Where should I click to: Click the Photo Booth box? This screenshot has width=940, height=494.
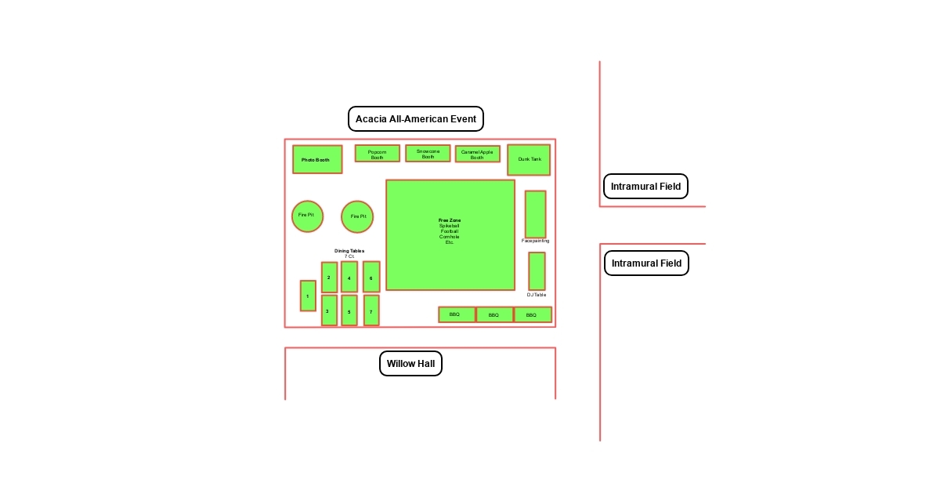pos(317,159)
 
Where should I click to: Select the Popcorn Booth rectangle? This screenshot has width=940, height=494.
pos(377,154)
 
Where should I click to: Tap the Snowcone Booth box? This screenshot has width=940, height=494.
pos(428,154)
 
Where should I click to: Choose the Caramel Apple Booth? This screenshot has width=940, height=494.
pos(477,154)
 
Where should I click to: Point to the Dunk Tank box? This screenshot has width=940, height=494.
pos(529,160)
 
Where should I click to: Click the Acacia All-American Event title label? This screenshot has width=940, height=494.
pos(416,119)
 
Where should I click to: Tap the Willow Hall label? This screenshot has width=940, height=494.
pos(410,364)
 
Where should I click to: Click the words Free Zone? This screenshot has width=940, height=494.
pos(450,220)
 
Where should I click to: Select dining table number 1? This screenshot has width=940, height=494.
pos(308,296)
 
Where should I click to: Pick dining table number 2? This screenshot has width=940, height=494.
pos(329,278)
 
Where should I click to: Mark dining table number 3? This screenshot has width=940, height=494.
pos(329,311)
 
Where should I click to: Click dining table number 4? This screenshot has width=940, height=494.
pos(349,278)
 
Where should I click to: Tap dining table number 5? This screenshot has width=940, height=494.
pos(349,311)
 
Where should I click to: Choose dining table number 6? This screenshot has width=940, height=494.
pos(371,278)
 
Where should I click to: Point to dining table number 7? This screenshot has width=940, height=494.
pos(371,311)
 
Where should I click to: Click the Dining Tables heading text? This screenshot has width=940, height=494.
pos(349,251)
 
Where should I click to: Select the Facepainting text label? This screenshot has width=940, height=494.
pos(536,241)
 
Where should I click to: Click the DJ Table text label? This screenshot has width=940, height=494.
pos(537,295)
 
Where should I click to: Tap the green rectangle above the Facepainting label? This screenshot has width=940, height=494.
pos(535,214)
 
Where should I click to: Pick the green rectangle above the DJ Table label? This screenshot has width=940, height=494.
pos(537,271)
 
